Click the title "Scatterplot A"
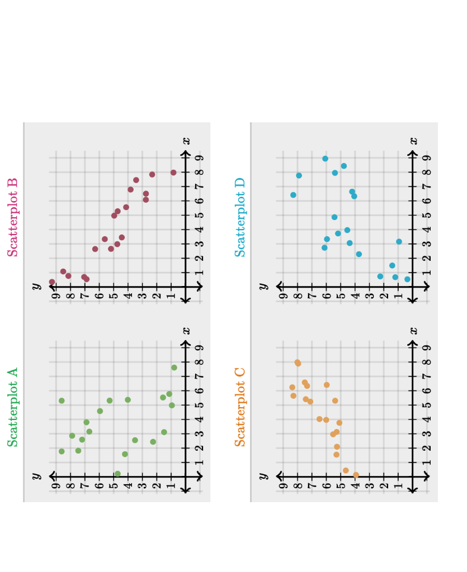click(x=12, y=407)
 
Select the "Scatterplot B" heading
click(x=12, y=217)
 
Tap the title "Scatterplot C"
click(x=239, y=407)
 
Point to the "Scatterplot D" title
click(x=239, y=217)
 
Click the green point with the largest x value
click(x=174, y=368)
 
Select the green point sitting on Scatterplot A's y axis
click(x=117, y=474)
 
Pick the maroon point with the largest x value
click(x=173, y=173)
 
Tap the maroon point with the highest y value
click(x=52, y=282)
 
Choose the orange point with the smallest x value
click(x=356, y=475)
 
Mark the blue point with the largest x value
click(x=325, y=159)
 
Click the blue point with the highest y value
click(x=293, y=195)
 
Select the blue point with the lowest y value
click(x=407, y=279)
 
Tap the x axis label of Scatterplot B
click(x=187, y=141)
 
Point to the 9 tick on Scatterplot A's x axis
click(x=199, y=347)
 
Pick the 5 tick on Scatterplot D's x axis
click(x=426, y=215)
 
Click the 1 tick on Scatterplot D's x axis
click(x=426, y=273)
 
